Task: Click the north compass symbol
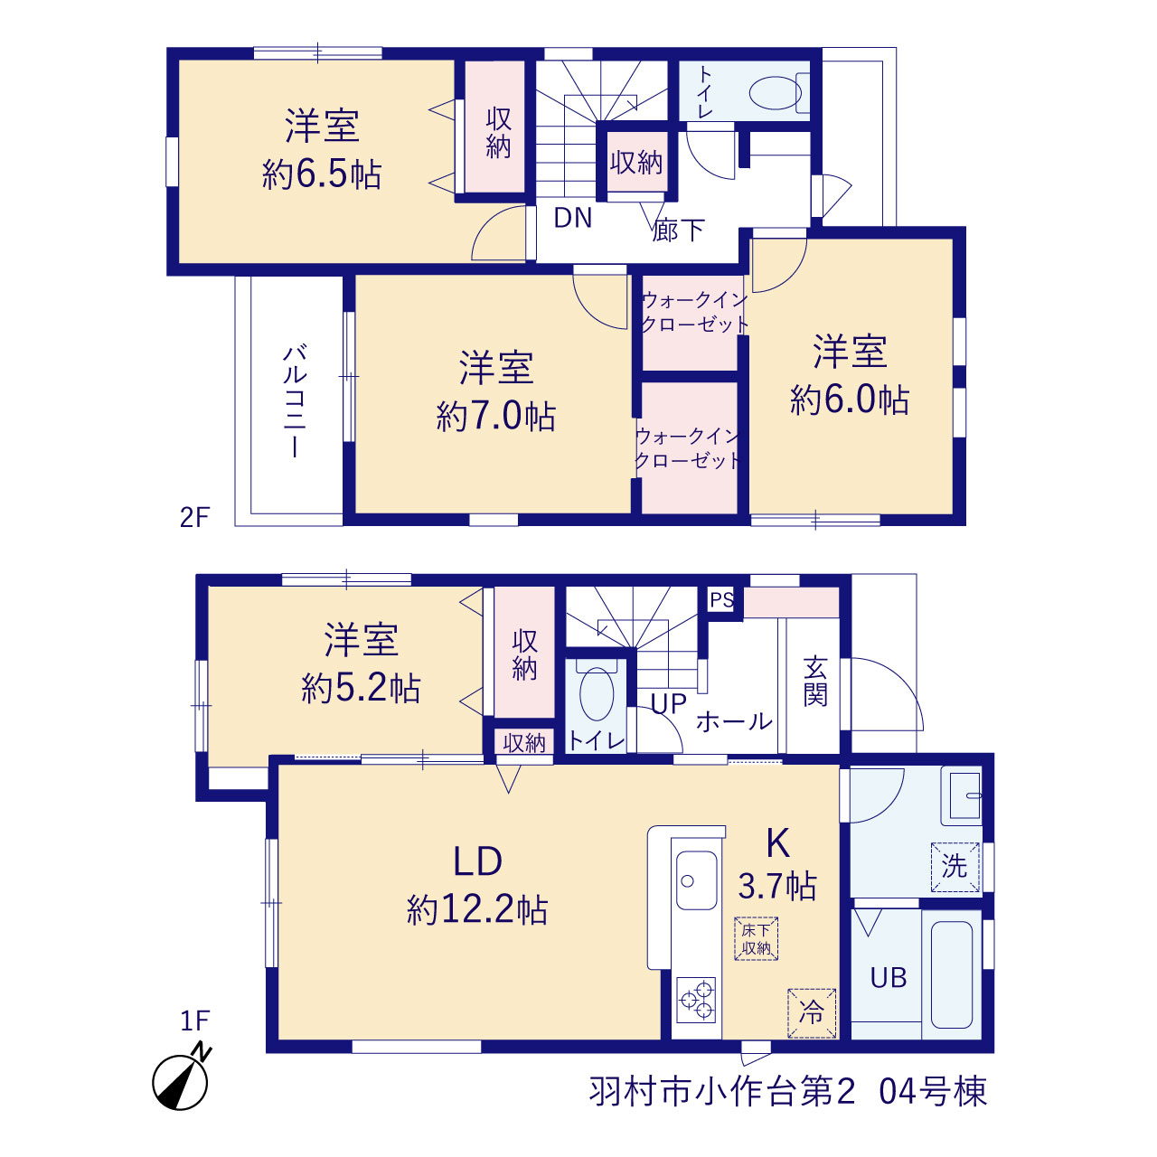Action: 181,1081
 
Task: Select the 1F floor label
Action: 195,1021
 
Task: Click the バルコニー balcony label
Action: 295,401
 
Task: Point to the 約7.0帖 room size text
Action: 496,416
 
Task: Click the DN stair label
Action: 573,218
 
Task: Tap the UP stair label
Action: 668,704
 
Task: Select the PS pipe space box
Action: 721,599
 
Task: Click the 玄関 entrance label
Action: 815,682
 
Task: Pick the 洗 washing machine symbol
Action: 955,867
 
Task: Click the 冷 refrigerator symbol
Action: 812,1013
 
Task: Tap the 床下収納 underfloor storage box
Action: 756,938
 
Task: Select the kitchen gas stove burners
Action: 697,1000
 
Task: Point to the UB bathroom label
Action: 889,978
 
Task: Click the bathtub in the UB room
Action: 952,975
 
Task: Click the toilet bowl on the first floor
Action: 597,693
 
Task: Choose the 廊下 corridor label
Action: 679,230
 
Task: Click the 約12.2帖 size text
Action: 477,909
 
